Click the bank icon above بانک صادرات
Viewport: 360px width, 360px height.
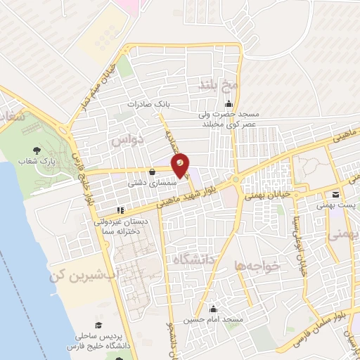coord(167,92)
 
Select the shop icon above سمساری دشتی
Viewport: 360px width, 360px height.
coord(153,171)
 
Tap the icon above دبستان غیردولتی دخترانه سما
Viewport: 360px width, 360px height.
coord(121,209)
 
